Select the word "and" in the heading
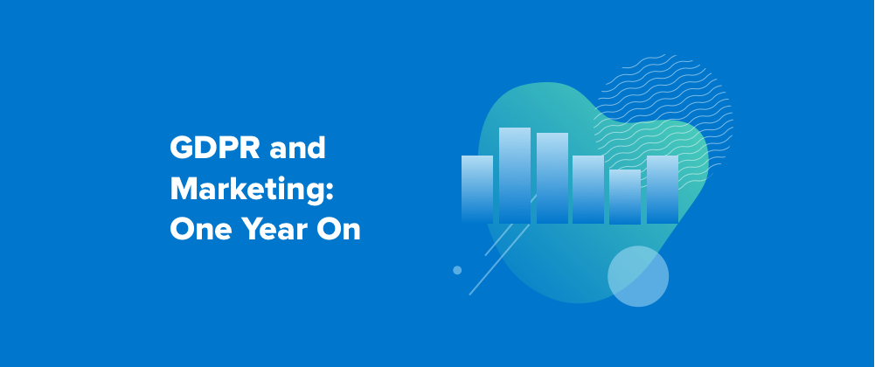click(x=297, y=149)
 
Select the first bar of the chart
click(x=477, y=190)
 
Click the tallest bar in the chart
click(x=515, y=176)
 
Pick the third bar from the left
click(x=552, y=178)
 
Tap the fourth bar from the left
click(x=588, y=190)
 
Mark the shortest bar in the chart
click(x=625, y=197)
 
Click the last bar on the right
click(x=663, y=190)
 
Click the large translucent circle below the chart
click(x=638, y=276)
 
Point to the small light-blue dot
click(x=457, y=270)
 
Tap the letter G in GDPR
click(x=181, y=149)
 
